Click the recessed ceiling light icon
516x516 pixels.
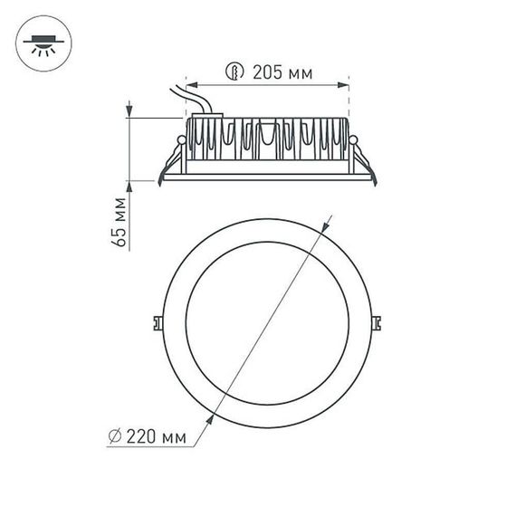(42, 42)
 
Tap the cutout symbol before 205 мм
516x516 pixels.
(234, 72)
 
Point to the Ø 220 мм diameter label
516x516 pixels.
(146, 437)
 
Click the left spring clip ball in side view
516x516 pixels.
(182, 140)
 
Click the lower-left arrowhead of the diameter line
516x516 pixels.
(211, 417)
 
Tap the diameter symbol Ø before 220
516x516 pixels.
(113, 437)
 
